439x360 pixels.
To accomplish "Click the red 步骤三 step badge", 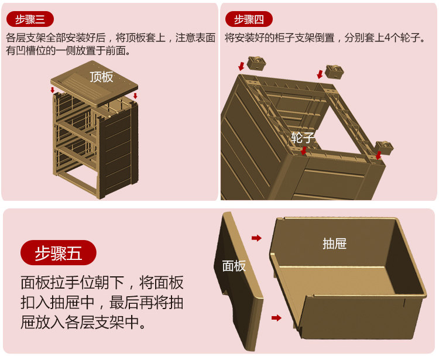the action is tap(30, 19).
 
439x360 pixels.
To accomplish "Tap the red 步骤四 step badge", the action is tap(249, 19).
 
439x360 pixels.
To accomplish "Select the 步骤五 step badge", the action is tap(58, 253).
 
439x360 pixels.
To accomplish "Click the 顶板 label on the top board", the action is tap(101, 77).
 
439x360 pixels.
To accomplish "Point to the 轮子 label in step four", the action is tap(303, 138).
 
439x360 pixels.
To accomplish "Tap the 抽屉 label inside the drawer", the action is tap(334, 243).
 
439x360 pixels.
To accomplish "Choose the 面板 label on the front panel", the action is tap(234, 266).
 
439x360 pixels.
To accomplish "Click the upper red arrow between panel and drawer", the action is tap(256, 238).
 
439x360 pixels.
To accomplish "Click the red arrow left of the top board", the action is tap(53, 90).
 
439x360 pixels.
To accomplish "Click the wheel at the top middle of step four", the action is tap(334, 71).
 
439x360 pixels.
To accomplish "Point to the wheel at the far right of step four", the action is tap(384, 147).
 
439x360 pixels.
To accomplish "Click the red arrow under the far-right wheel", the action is tap(379, 155).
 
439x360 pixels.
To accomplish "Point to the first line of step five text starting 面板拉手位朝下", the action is tap(102, 283).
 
